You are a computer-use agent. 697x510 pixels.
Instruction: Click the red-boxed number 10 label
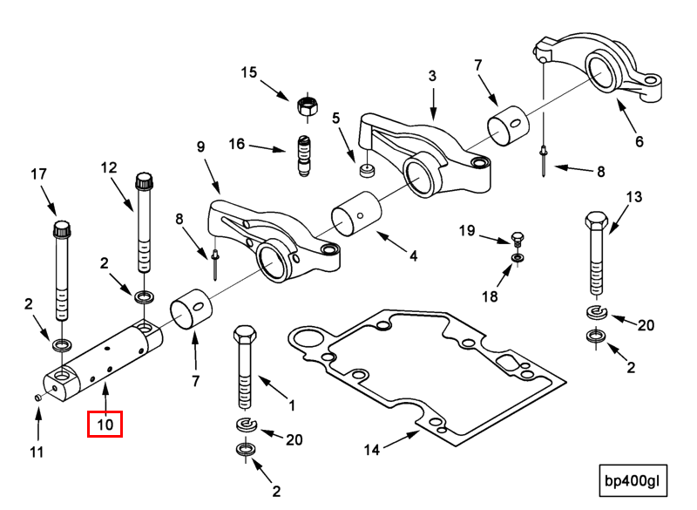click(x=105, y=425)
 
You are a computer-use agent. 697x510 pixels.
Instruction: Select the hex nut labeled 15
click(x=306, y=105)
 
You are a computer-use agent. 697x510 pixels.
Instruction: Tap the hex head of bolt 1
click(x=244, y=336)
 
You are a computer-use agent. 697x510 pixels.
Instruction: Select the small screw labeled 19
click(x=517, y=236)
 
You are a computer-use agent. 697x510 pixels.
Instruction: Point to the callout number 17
click(x=38, y=173)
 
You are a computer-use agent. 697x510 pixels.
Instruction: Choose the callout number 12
click(x=108, y=167)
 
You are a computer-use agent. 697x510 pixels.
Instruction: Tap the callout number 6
click(x=639, y=141)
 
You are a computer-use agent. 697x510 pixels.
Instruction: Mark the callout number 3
click(x=432, y=77)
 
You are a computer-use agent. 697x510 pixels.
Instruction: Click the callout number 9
click(x=200, y=147)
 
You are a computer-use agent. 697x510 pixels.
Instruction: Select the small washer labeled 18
click(x=518, y=259)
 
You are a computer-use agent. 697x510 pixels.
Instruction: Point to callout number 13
click(x=633, y=197)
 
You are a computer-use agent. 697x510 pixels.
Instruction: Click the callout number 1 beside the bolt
click(x=291, y=405)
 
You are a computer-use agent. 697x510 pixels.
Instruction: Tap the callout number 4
click(x=413, y=256)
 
